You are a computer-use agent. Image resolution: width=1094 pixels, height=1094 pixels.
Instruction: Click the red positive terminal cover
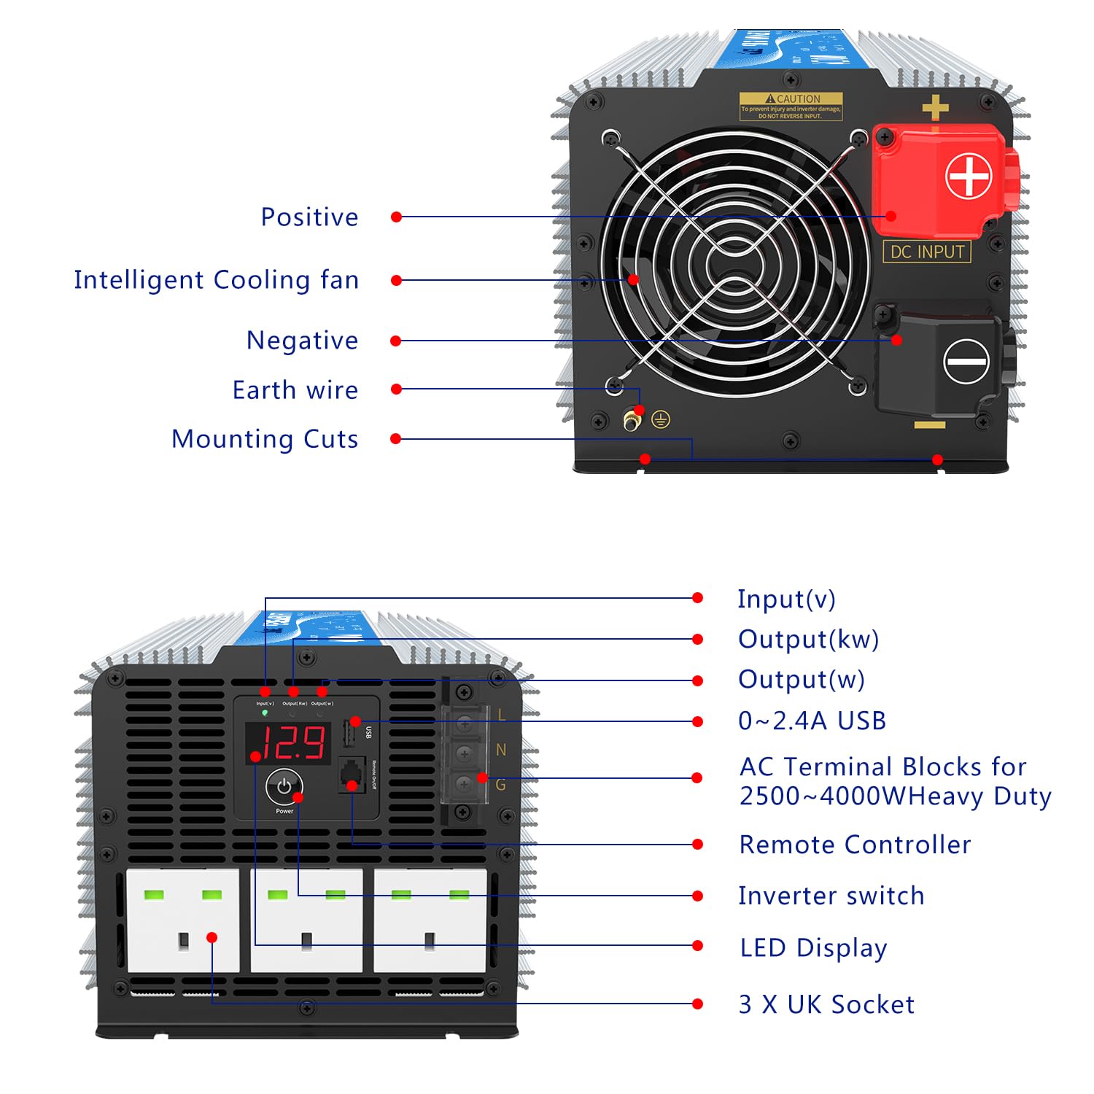(x=941, y=179)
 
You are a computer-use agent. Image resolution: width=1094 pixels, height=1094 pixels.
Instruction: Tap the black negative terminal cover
(x=941, y=361)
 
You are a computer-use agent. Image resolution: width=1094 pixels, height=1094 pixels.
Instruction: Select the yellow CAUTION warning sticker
(x=791, y=106)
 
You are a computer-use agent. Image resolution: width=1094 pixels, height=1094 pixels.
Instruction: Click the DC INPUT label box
(x=927, y=252)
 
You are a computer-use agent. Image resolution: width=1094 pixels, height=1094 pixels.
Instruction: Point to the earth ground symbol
(x=661, y=419)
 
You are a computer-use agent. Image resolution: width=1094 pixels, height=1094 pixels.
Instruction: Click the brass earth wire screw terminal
(x=632, y=420)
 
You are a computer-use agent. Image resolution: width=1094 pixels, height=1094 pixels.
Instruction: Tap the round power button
(x=284, y=786)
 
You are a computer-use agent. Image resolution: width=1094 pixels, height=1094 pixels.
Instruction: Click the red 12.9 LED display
(x=289, y=743)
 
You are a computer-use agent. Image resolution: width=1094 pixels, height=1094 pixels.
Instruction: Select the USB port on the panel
(x=349, y=734)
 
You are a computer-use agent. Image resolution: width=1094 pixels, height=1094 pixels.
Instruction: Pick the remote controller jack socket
(x=352, y=775)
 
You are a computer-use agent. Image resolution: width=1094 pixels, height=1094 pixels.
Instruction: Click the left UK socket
(x=182, y=920)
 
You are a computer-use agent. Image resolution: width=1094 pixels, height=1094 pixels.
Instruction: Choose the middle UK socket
(x=306, y=920)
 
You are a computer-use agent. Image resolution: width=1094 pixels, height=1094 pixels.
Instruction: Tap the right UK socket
(x=430, y=920)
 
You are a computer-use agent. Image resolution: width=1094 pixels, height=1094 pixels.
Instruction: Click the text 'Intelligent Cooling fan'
(x=216, y=280)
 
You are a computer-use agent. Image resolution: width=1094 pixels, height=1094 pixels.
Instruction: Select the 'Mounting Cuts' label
(x=265, y=439)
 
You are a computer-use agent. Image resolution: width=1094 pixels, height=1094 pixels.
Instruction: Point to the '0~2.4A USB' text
(x=812, y=721)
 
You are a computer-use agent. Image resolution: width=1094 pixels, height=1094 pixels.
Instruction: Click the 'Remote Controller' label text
(x=855, y=845)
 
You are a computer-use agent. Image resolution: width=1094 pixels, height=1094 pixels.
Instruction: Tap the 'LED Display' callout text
(x=813, y=947)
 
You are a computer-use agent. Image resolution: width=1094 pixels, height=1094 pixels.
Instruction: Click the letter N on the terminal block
(x=501, y=750)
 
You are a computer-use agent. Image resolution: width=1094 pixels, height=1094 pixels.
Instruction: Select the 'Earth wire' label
(x=295, y=390)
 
